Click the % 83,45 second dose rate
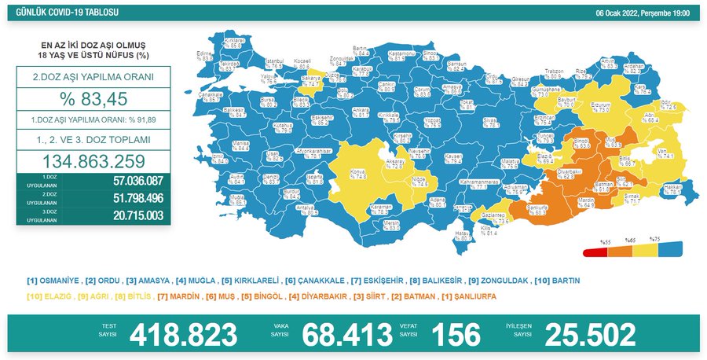93,100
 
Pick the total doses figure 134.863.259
93,160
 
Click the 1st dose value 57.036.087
126,181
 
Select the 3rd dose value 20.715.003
126,215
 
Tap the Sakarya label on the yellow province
312,79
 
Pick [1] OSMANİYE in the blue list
52,280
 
